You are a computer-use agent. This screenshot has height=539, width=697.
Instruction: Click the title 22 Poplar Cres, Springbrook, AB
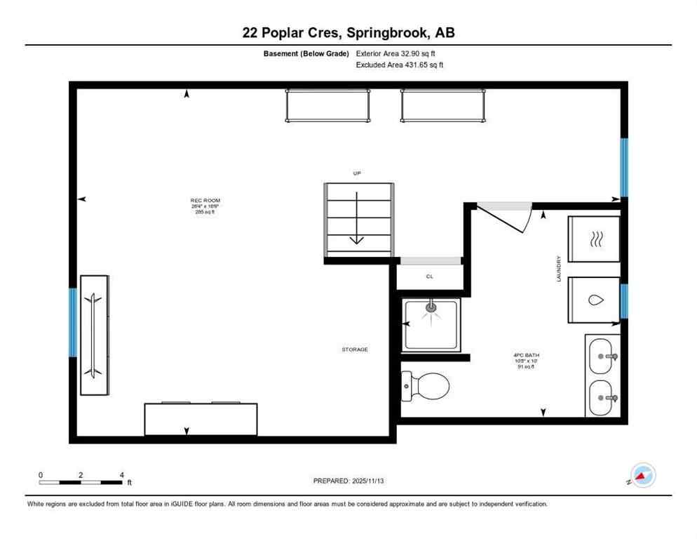pos(348,32)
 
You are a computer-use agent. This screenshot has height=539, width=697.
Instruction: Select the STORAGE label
pos(355,349)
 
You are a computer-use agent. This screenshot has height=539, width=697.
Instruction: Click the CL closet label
pos(429,277)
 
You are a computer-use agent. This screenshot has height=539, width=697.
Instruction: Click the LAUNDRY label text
pos(559,269)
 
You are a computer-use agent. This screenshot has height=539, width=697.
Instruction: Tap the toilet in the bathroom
pos(426,385)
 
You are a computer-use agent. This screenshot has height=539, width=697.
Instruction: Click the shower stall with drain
pos(432,323)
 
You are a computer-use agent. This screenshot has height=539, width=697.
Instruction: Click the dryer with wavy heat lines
pos(593,239)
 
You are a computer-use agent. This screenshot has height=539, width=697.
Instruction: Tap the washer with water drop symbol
pos(593,300)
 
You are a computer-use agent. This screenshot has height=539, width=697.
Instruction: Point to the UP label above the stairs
pos(357,173)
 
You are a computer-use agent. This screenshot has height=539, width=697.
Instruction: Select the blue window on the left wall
pos(73,322)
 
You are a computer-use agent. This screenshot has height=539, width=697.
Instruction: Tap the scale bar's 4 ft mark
pos(122,475)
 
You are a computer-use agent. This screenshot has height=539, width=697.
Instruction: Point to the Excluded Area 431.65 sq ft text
pos(400,65)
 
